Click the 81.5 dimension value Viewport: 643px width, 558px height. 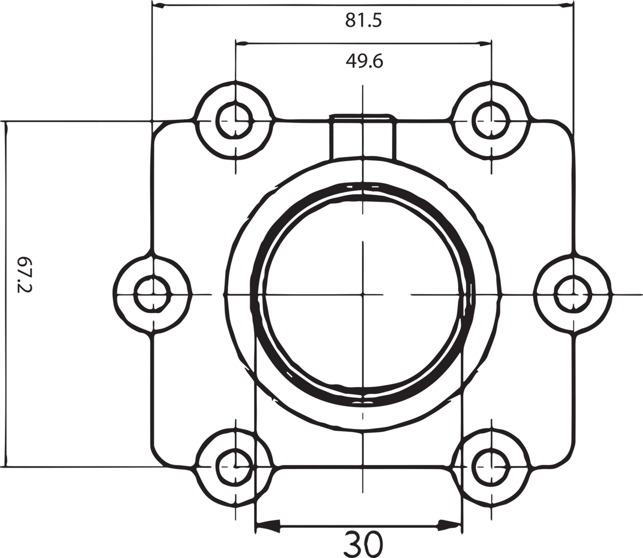coord(363,21)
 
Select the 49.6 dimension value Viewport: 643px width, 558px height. coord(364,61)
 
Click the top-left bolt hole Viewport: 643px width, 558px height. coord(235,120)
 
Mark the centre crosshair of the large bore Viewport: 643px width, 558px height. coord(363,294)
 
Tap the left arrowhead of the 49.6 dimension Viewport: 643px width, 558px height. coord(242,44)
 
